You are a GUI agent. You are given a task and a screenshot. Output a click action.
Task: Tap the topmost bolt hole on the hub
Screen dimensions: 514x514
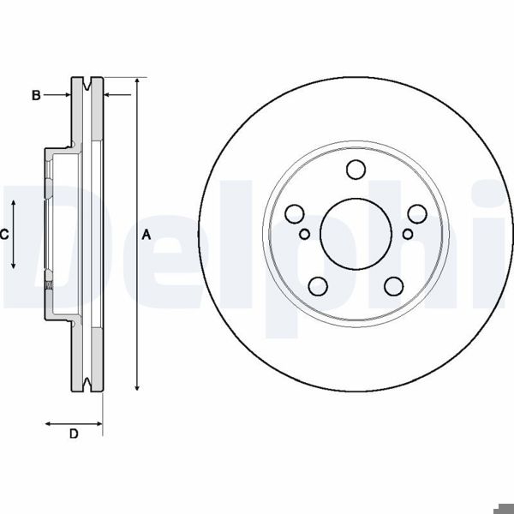pos(356,170)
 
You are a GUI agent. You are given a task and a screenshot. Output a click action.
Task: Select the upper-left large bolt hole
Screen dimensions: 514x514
pos(295,213)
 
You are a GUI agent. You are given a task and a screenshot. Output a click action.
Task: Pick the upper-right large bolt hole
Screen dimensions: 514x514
pos(417,213)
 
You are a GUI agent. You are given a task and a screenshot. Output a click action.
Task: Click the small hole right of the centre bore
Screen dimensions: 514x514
pos(407,232)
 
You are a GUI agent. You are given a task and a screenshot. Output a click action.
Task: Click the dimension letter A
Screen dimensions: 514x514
pos(146,234)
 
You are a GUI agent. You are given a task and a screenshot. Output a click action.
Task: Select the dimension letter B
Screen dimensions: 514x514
pos(36,95)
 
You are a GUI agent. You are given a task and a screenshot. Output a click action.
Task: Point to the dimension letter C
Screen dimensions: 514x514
pos(4,234)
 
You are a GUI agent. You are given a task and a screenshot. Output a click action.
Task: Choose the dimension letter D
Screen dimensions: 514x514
pos(74,435)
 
